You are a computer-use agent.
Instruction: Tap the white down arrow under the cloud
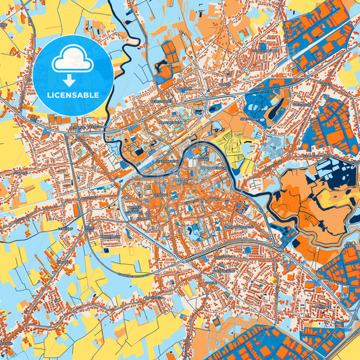(72, 80)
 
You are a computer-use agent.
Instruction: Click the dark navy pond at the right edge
(351, 242)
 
